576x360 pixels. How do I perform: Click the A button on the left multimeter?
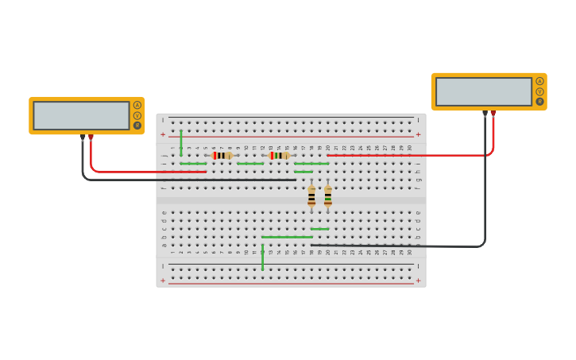point(137,105)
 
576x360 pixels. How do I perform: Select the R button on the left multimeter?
point(137,126)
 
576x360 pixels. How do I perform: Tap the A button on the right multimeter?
point(540,81)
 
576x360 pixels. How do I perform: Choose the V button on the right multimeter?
point(540,91)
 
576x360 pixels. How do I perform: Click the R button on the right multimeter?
point(540,102)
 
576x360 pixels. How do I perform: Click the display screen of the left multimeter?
point(81,115)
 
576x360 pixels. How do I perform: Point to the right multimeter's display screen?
point(483,91)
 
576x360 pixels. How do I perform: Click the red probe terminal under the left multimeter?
point(91,137)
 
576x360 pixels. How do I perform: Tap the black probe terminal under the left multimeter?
point(82,137)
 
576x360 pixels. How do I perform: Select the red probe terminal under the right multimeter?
point(493,114)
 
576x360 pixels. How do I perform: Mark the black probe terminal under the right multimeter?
point(485,114)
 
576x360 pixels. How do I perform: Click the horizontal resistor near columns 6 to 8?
point(222,156)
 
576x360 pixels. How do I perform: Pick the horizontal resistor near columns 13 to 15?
point(279,156)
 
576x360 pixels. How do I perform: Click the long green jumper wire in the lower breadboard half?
point(287,237)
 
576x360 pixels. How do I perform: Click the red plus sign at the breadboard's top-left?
point(163,134)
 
